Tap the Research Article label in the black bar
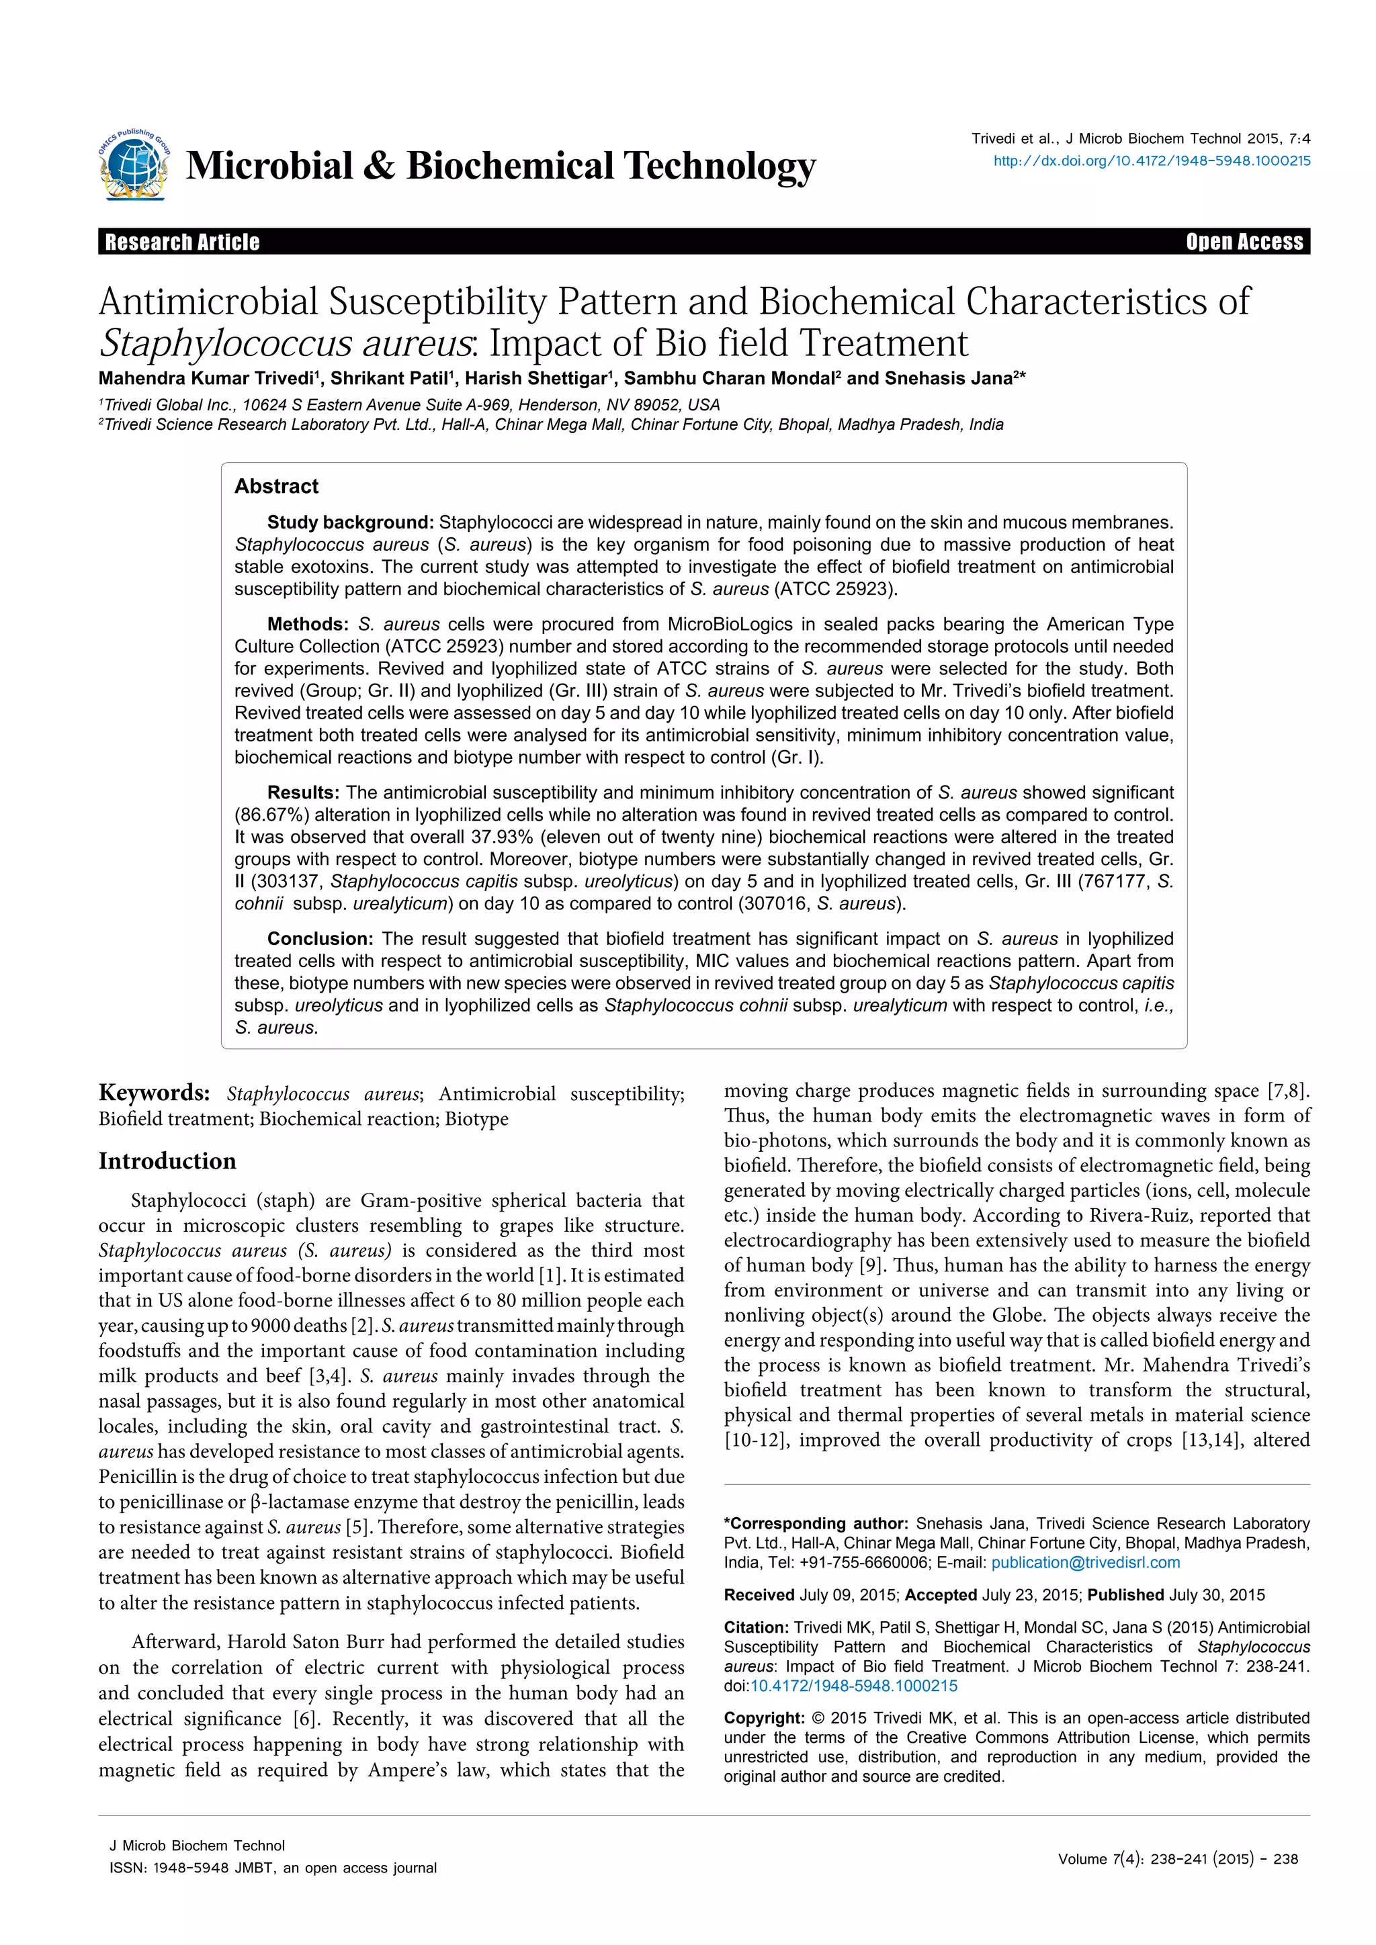tap(182, 242)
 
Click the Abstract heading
tap(276, 486)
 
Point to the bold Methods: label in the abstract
tap(307, 625)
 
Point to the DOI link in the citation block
tap(854, 1686)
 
